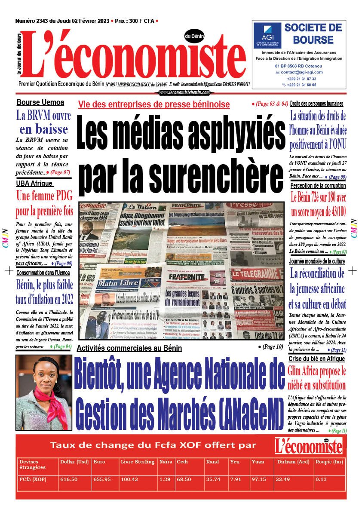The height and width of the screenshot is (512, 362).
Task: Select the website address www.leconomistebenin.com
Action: (184, 92)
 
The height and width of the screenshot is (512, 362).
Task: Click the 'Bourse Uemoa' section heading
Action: (40, 103)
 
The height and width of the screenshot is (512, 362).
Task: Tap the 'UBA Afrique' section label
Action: (34, 184)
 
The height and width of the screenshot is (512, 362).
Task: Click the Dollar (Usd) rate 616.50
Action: (69, 479)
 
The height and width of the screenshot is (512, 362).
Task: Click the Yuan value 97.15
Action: (259, 479)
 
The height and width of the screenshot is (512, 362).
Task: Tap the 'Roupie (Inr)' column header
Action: (328, 462)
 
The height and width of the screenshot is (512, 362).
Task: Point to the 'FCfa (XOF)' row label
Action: (33, 479)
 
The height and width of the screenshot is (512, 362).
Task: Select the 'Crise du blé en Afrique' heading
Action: (317, 359)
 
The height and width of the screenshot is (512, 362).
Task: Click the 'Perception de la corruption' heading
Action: (318, 186)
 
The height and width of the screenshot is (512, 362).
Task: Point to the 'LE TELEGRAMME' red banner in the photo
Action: (256, 274)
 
